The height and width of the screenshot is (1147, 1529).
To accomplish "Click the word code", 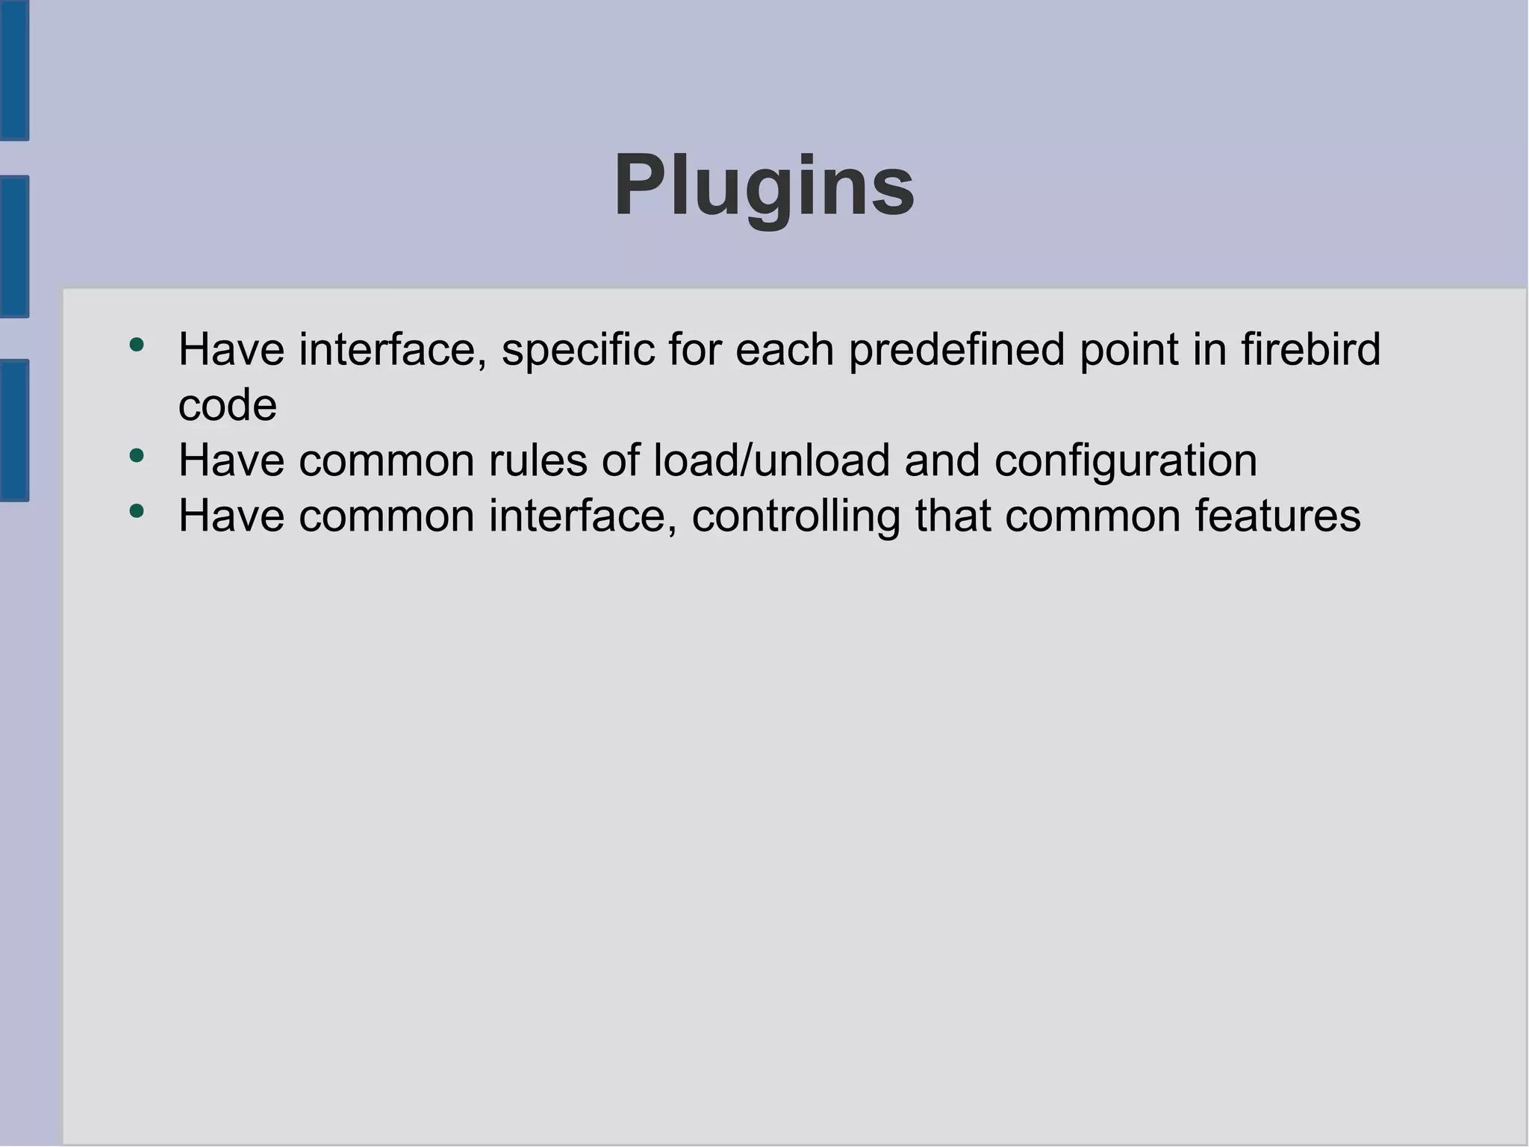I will [x=227, y=405].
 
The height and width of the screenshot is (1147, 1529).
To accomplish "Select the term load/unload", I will [x=771, y=460].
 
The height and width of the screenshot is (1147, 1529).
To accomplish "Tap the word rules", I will [x=538, y=460].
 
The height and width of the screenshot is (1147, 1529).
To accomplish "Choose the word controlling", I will [x=796, y=516].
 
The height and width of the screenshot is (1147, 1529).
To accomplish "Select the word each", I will [x=785, y=349].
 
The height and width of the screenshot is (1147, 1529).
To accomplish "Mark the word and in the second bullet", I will [x=941, y=460].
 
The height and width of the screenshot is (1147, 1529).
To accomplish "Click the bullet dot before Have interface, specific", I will [x=136, y=345].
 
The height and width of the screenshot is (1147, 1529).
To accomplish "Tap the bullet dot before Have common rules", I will [x=136, y=455].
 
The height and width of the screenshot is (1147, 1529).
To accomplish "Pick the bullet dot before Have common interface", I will [x=136, y=511].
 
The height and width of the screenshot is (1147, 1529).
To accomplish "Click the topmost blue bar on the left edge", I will [x=14, y=69].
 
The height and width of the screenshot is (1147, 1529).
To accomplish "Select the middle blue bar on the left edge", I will [x=14, y=246].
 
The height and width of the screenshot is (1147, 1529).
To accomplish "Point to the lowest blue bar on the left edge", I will [x=14, y=430].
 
